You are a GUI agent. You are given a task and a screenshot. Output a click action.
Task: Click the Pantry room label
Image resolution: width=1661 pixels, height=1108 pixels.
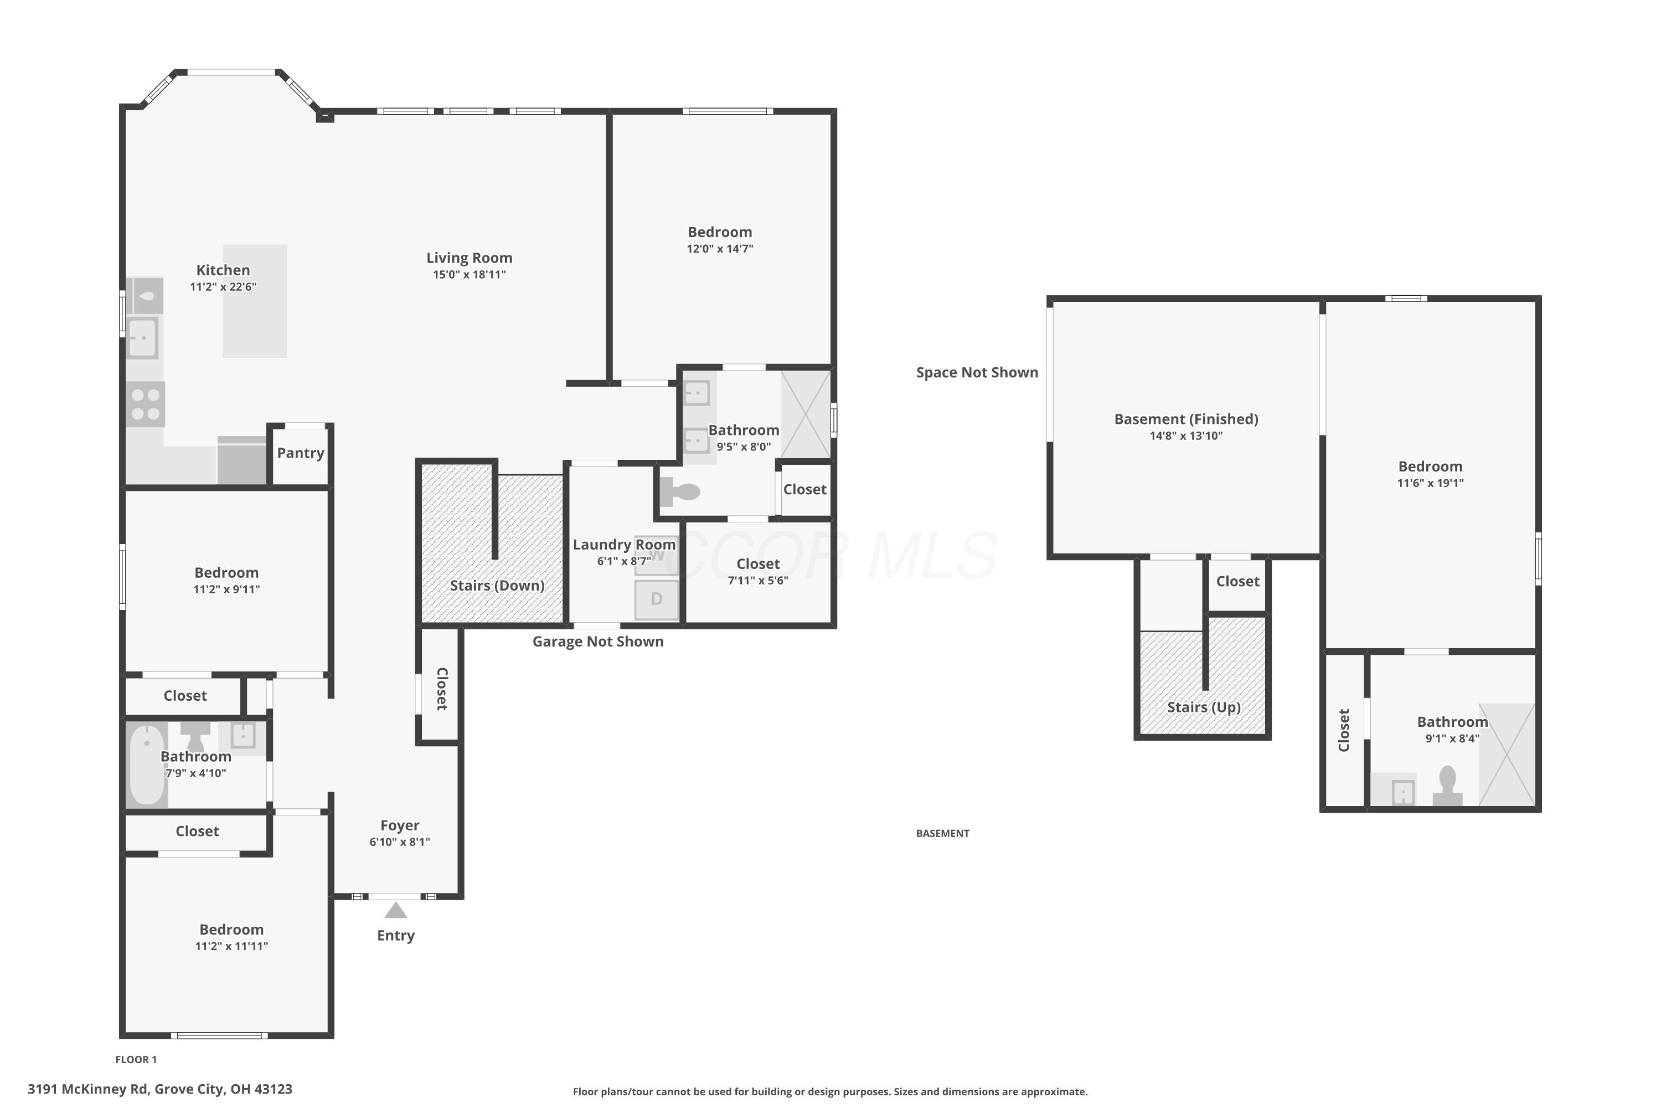pos(300,453)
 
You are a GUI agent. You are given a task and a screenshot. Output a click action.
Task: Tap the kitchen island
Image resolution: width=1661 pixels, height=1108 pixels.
pos(255,301)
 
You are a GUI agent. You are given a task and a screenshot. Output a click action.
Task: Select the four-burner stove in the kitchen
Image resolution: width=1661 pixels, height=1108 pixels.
pos(146,404)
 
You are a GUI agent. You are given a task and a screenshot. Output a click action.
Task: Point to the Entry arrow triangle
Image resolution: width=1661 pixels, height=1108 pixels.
pos(395,910)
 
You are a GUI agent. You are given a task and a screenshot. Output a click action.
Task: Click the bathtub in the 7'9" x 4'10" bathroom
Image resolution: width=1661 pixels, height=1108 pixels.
pos(147,765)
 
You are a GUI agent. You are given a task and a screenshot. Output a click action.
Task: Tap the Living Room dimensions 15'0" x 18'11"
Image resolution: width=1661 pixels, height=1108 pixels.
pos(470,275)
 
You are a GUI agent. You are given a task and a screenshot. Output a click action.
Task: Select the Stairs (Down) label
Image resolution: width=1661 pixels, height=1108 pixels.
pos(497,585)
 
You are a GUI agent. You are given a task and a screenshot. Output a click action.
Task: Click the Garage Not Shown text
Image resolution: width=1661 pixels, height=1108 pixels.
pos(598,642)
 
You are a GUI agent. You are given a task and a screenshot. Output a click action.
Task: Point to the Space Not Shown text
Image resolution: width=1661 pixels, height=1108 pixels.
pos(977,372)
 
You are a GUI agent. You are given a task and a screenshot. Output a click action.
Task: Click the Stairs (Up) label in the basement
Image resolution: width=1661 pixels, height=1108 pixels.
pos(1204,707)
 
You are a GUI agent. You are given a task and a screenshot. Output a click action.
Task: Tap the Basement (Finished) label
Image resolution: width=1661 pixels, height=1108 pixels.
pos(1187,419)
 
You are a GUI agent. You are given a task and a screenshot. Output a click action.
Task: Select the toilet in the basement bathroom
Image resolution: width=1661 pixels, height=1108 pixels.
pos(1448,786)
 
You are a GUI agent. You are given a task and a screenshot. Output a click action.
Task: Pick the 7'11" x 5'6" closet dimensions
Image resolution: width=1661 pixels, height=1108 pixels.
pos(758,581)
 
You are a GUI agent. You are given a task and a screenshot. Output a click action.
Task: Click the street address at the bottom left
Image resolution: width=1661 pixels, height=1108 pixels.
pos(161,1089)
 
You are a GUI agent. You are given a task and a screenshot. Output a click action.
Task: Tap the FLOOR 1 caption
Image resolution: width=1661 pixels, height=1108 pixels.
pos(136,1059)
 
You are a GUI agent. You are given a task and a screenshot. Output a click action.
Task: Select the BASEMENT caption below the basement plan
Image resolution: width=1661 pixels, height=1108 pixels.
pos(943,833)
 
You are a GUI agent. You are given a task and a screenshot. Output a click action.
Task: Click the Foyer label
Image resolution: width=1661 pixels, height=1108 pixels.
pos(400,825)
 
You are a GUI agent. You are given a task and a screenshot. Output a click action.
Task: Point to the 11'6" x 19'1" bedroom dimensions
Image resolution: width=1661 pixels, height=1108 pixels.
pos(1431,483)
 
